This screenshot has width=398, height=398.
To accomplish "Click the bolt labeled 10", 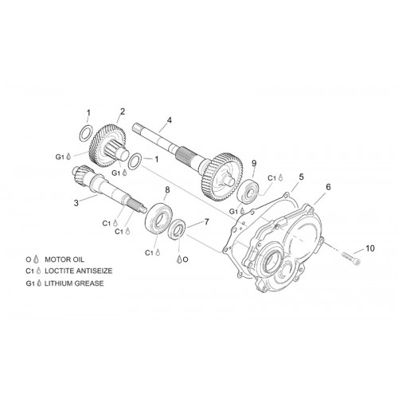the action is coord(351,257).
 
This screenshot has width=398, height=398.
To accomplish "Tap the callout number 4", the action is coord(170,120).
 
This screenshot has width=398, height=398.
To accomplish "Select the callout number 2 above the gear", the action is coord(123,111).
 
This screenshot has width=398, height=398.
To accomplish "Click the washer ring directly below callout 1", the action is coord(87,132).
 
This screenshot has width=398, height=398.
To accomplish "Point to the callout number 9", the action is coord(254,163).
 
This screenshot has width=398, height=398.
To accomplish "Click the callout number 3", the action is coord(76,203).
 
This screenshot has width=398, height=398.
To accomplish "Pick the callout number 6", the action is coord(329,187).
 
